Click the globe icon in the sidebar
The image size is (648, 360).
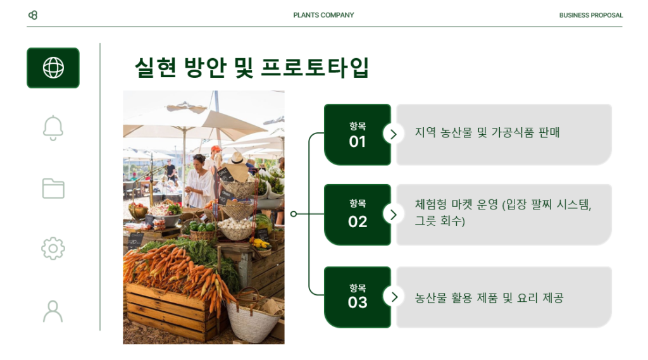(x=53, y=68)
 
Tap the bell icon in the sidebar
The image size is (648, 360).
(x=53, y=128)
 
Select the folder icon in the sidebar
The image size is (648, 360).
(x=53, y=189)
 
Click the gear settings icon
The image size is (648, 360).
(x=53, y=249)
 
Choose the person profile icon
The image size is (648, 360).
(x=53, y=311)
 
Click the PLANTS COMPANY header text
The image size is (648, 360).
(x=323, y=15)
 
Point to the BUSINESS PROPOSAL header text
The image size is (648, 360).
(x=591, y=15)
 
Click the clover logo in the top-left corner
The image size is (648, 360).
(x=33, y=15)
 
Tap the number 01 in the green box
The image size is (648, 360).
(x=358, y=142)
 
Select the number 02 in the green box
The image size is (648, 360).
(x=358, y=222)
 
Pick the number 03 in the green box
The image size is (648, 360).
(x=358, y=302)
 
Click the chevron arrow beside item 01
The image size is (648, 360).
(x=394, y=134)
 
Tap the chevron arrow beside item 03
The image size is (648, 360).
(x=394, y=297)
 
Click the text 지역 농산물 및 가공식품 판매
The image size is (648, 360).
(x=487, y=133)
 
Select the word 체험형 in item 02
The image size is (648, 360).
(x=430, y=204)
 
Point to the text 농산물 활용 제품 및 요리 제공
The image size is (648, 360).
(x=489, y=298)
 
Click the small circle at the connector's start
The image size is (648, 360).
(x=294, y=214)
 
